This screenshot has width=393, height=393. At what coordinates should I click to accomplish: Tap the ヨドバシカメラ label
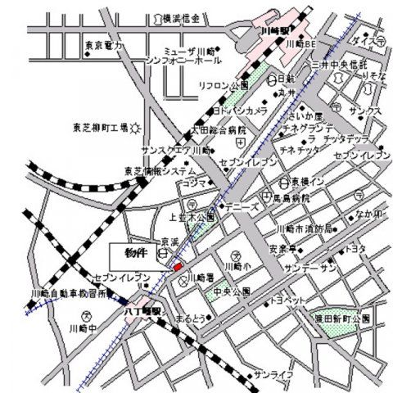tap(240, 111)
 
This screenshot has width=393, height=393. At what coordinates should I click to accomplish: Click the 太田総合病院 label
tap(201, 129)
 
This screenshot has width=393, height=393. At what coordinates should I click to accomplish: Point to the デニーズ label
tap(243, 207)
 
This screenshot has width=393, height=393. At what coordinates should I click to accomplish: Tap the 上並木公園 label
tap(192, 219)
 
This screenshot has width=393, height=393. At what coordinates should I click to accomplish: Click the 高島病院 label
tap(313, 199)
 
